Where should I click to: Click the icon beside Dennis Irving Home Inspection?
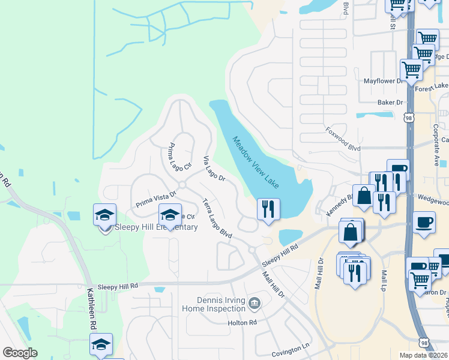pyautogui.click(x=255, y=303)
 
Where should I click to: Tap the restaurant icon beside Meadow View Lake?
pyautogui.click(x=268, y=209)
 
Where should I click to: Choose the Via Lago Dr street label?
pyautogui.click(x=214, y=169)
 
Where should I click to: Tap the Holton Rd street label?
pyautogui.click(x=242, y=322)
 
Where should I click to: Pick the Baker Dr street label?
pyautogui.click(x=390, y=103)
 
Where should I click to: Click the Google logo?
pyautogui.click(x=20, y=353)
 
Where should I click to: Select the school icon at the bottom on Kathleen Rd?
pyautogui.click(x=101, y=343)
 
